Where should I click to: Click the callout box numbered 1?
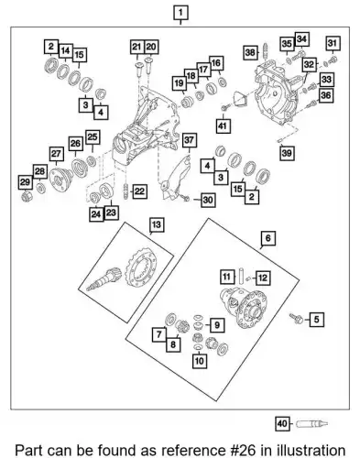180,13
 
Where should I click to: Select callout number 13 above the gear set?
157,225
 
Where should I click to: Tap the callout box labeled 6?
267,238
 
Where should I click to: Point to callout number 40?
282,424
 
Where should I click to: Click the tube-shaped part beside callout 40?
311,424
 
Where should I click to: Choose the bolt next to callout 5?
296,318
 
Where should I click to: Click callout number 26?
75,143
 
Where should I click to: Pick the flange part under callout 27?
60,179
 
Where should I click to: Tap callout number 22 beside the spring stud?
139,191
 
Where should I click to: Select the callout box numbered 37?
190,140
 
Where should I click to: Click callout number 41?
223,125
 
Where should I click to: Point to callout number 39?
287,153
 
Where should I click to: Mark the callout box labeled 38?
250,52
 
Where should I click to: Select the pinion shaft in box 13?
104,278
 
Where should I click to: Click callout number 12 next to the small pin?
263,278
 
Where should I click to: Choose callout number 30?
208,200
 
